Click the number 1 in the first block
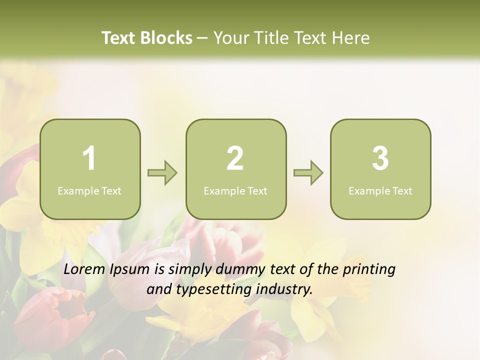pyautogui.click(x=89, y=158)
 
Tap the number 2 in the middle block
pyautogui.click(x=235, y=158)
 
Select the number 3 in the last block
pyautogui.click(x=380, y=158)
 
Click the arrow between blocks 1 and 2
pyautogui.click(x=163, y=173)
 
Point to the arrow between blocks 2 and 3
pyautogui.click(x=308, y=173)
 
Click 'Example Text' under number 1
pyautogui.click(x=89, y=191)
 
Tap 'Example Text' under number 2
pyautogui.click(x=235, y=191)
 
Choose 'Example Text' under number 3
pyautogui.click(x=380, y=191)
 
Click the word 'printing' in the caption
pyautogui.click(x=368, y=270)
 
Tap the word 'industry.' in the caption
pyautogui.click(x=284, y=289)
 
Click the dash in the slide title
pyautogui.click(x=203, y=38)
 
